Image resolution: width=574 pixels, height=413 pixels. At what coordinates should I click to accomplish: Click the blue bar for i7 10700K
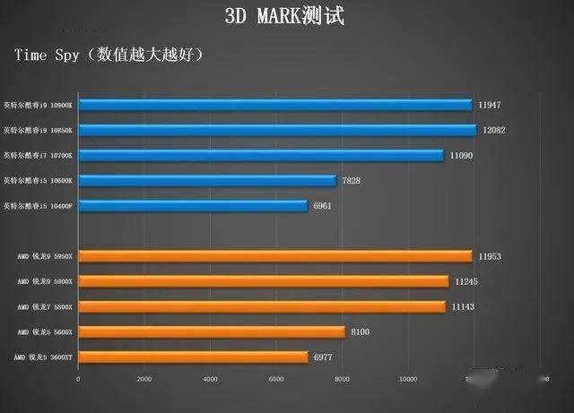(x=261, y=155)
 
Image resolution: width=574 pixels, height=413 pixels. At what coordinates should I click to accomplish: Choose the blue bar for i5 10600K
(x=207, y=180)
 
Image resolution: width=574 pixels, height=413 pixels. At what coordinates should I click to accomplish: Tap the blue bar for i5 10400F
(x=193, y=206)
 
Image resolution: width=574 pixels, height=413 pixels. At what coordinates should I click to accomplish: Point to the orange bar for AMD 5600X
(x=212, y=332)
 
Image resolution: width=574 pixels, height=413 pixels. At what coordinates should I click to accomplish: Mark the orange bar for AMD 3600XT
(x=193, y=357)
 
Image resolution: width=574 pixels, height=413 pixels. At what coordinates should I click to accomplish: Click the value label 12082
(x=494, y=130)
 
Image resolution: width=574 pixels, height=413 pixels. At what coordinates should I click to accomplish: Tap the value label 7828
(x=352, y=180)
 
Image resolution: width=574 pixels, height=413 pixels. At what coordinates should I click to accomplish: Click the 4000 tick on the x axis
(x=210, y=379)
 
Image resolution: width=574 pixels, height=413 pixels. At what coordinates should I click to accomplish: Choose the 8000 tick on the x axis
(x=342, y=379)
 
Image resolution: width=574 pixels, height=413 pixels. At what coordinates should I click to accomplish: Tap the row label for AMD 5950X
(x=44, y=256)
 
